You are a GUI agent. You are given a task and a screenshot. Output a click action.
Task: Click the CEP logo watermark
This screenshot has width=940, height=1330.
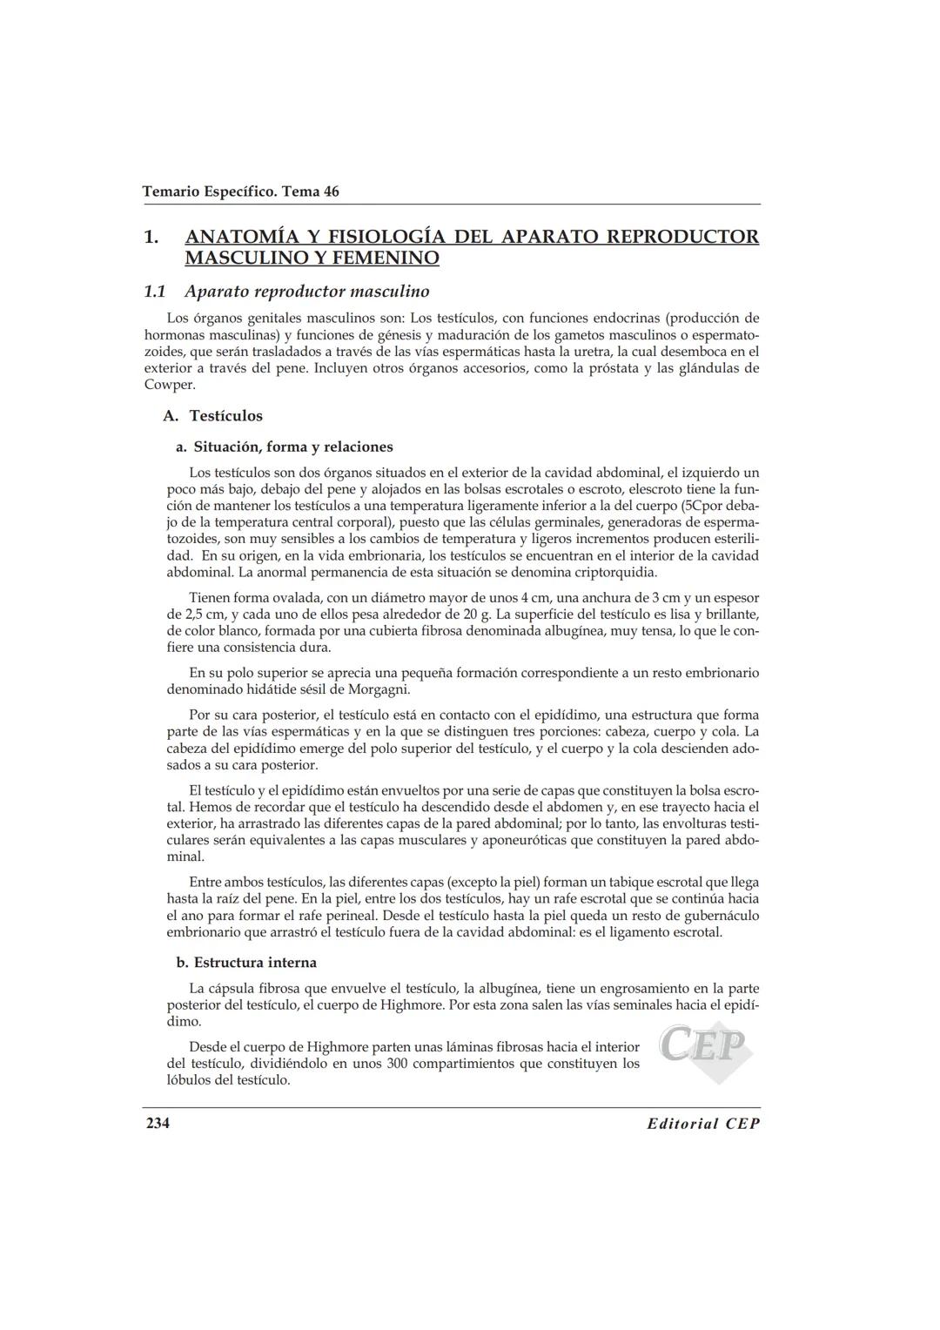pos(704,1050)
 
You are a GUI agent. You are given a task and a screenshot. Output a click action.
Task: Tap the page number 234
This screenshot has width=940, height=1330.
pos(158,1123)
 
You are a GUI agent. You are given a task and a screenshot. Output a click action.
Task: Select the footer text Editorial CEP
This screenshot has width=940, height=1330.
pos(703,1124)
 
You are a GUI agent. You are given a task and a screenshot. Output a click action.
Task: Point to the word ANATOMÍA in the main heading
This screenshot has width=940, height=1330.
pos(240,237)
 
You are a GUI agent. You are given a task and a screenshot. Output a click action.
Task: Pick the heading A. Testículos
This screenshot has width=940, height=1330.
pos(213,416)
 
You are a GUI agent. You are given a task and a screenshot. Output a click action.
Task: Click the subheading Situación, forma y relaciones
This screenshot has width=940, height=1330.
pos(292,447)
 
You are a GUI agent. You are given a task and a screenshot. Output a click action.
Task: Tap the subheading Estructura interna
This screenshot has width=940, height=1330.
pos(254,963)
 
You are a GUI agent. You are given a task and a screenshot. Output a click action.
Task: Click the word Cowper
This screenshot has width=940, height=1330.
pos(169,385)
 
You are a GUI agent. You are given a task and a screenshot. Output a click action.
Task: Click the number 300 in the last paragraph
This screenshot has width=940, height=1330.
pos(399,1064)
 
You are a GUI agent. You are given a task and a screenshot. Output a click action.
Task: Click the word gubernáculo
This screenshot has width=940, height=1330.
pos(710,916)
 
